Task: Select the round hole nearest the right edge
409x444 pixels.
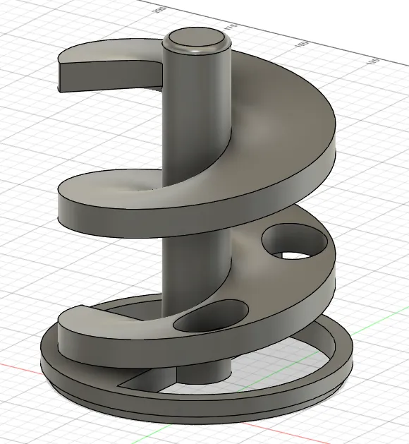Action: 295,243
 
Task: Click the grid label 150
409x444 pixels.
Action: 303,44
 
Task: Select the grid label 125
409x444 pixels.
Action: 372,61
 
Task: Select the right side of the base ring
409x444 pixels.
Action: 342,360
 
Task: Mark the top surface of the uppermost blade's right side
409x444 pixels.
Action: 282,106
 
